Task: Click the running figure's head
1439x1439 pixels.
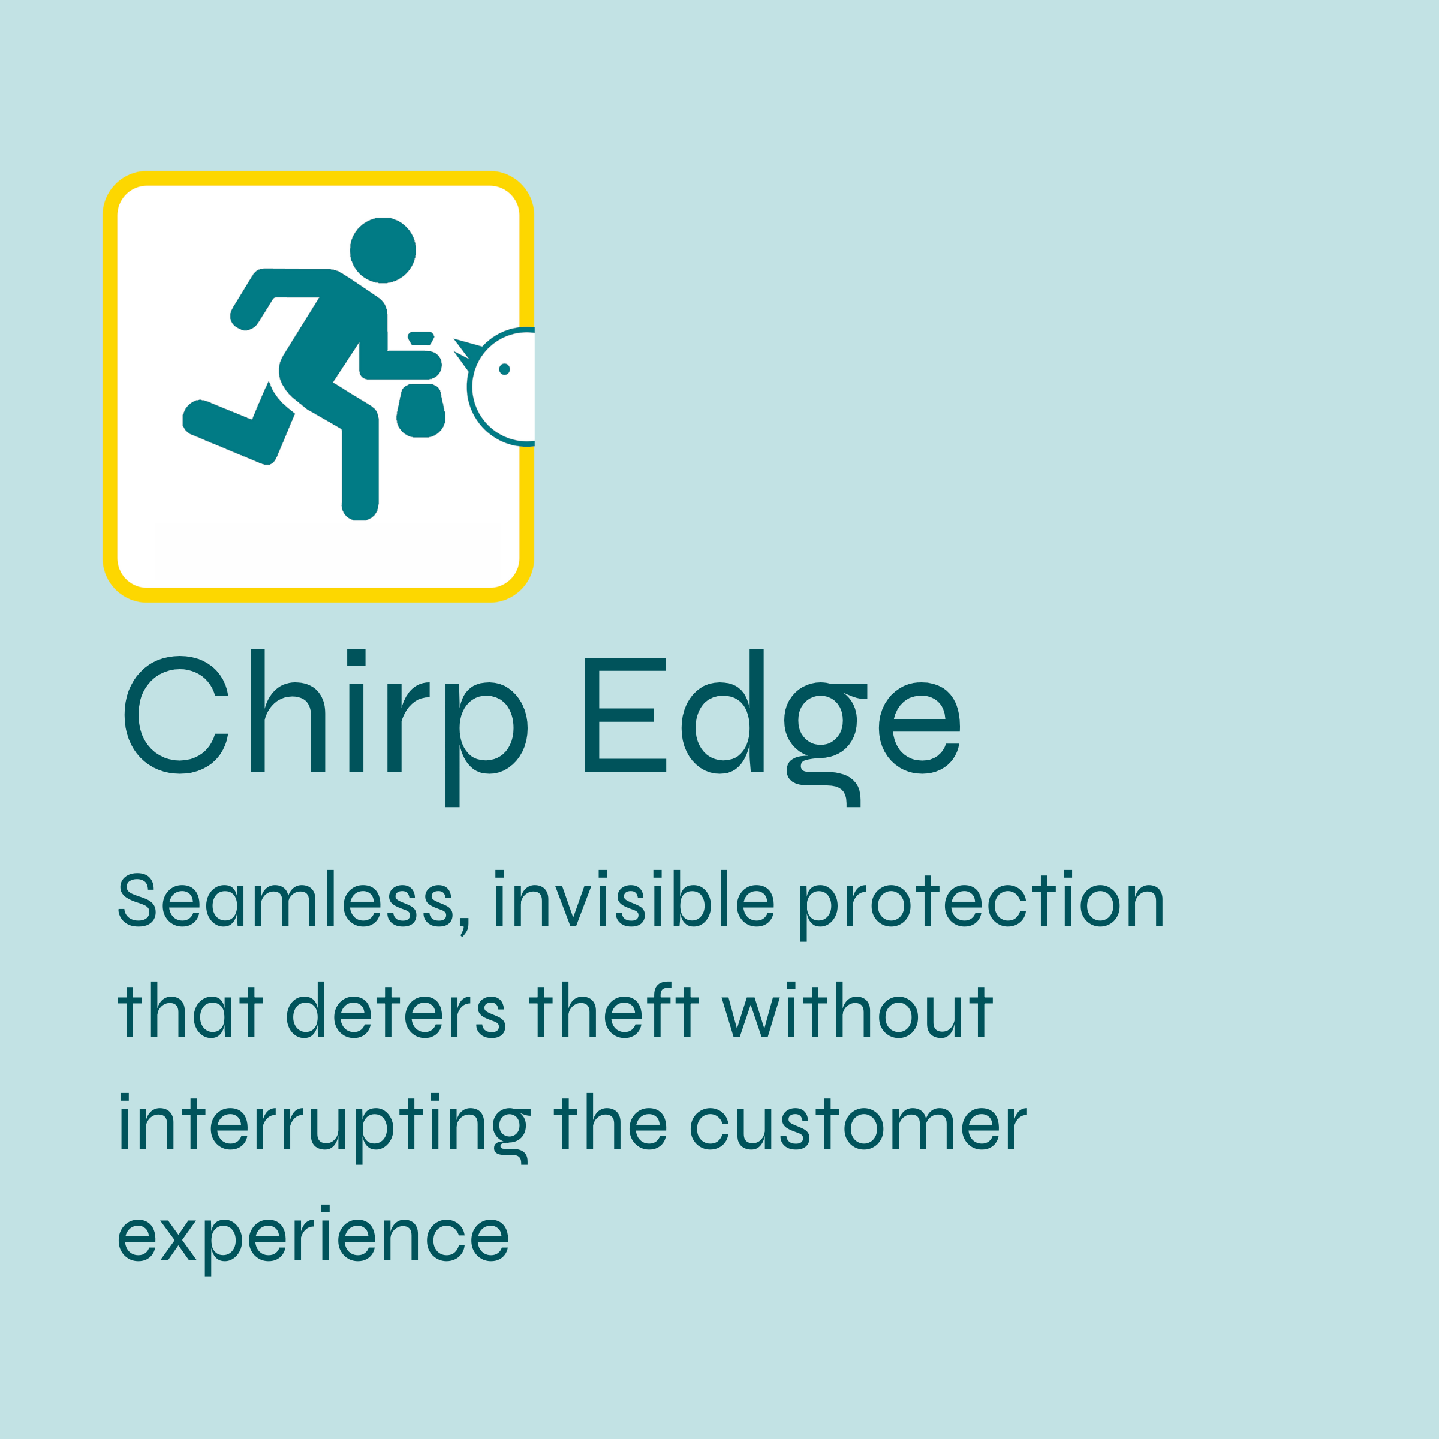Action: [x=383, y=250]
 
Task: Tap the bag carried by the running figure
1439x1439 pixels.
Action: [x=421, y=410]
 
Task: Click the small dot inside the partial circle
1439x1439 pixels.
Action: [x=504, y=369]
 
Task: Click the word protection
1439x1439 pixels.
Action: [x=982, y=905]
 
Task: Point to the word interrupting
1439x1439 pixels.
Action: [x=324, y=1128]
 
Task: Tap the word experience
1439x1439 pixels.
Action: [x=314, y=1240]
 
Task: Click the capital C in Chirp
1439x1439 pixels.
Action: [x=176, y=714]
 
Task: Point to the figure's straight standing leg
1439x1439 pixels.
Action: [x=360, y=469]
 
